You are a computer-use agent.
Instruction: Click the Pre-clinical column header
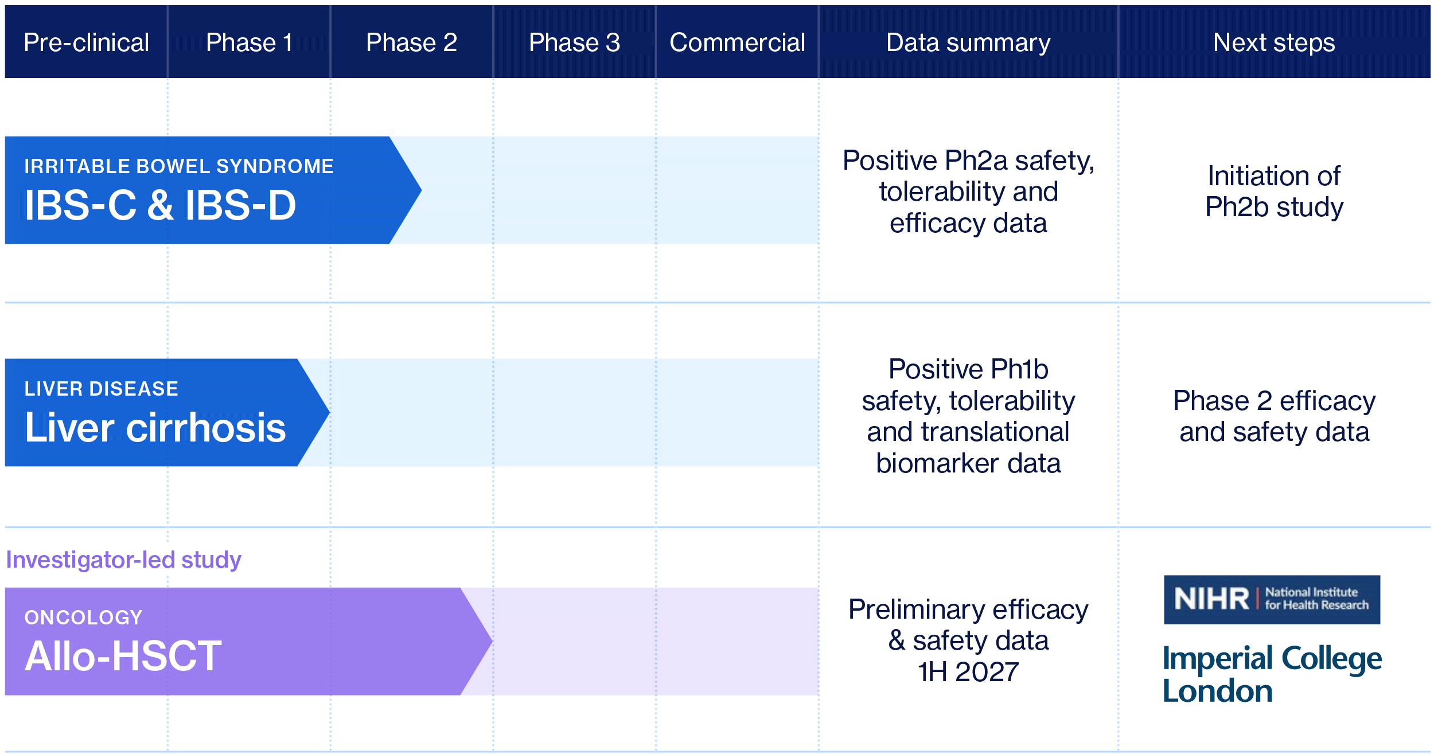click(x=86, y=42)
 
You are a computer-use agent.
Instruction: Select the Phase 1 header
click(x=249, y=42)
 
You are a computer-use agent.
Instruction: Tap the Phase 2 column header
click(x=411, y=42)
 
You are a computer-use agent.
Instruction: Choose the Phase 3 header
click(x=574, y=42)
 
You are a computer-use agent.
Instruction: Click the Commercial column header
click(x=737, y=42)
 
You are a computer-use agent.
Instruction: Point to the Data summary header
click(x=968, y=42)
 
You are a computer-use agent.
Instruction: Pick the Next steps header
click(x=1274, y=42)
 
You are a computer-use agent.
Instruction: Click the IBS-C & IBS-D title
click(x=160, y=205)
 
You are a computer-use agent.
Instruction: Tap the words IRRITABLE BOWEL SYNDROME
click(x=178, y=166)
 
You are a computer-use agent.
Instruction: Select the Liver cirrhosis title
click(x=155, y=428)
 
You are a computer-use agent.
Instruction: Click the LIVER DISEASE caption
click(x=101, y=389)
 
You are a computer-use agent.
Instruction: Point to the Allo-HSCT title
click(x=123, y=656)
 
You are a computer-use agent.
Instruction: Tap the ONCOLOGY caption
click(x=83, y=618)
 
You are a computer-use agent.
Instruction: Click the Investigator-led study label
click(x=123, y=560)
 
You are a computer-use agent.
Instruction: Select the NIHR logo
click(x=1272, y=599)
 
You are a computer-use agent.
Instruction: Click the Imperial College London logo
click(x=1272, y=674)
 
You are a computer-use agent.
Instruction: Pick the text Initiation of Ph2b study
click(x=1274, y=192)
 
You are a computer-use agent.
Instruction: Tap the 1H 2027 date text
click(x=968, y=672)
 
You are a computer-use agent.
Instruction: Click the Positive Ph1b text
click(x=968, y=369)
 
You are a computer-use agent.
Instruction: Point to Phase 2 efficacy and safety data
click(x=1274, y=416)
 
